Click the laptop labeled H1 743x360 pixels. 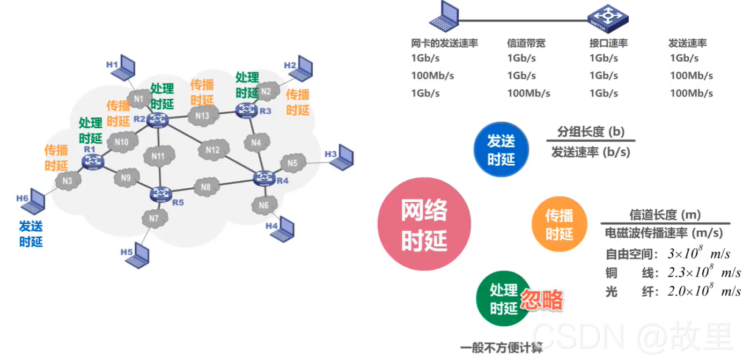127,68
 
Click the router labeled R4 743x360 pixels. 263,178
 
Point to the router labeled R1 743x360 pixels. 93,160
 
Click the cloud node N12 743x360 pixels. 213,151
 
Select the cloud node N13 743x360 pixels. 202,115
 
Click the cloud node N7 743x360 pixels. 154,218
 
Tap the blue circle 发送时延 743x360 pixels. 501,150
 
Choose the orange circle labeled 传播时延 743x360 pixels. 559,224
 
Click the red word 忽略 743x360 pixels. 542,300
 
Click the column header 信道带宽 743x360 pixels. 526,43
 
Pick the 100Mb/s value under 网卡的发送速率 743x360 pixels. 432,76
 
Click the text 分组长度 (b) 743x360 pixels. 591,131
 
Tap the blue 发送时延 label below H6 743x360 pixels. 31,233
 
